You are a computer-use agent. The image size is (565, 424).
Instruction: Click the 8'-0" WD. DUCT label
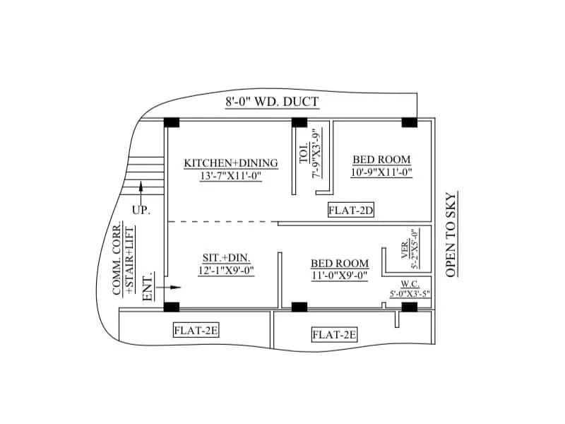(272, 102)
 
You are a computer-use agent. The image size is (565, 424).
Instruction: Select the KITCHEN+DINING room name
(231, 163)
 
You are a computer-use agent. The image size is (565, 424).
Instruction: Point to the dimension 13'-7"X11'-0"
(231, 176)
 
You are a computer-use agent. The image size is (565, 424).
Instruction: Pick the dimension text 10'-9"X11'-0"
(381, 172)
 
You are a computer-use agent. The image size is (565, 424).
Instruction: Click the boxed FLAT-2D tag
(350, 210)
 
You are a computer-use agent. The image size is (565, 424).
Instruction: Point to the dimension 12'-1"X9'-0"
(226, 270)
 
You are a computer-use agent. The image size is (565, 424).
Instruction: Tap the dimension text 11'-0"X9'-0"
(340, 276)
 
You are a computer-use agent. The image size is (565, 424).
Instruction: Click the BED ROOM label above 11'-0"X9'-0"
(340, 264)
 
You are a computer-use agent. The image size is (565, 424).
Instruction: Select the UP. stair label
(141, 210)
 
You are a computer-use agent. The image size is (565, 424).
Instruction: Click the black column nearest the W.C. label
(409, 307)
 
